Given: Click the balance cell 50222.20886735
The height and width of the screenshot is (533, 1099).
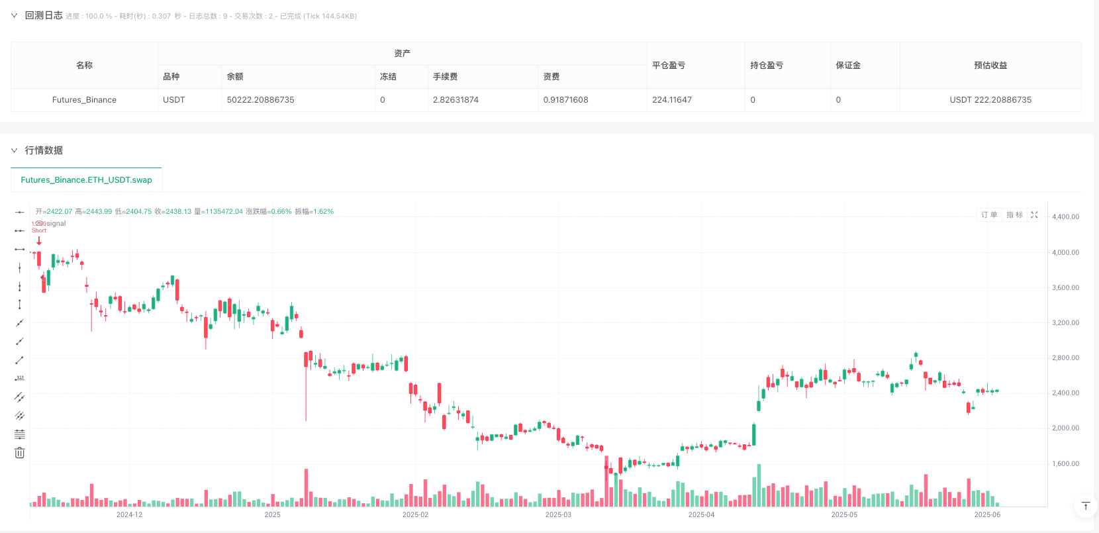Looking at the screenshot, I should (x=260, y=100).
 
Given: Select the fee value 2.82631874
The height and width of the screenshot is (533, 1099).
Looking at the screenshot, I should (x=455, y=100).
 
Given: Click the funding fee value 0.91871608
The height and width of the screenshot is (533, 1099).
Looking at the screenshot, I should (x=565, y=100).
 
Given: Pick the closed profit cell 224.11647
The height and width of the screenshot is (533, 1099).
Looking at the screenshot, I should (x=672, y=100).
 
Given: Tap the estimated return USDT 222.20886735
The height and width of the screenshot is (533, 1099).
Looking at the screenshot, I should (x=990, y=100).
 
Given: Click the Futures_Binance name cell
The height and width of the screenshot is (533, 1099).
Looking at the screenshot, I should (x=84, y=100).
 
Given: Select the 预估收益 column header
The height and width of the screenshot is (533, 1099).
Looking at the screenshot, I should (x=990, y=66).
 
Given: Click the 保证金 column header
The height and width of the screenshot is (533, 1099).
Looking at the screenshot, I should (x=848, y=66).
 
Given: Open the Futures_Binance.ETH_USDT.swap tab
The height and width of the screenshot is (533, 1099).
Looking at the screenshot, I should (x=86, y=180).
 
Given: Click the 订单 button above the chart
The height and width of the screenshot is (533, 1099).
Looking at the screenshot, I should (x=989, y=215).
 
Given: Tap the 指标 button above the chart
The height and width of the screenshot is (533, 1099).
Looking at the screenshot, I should (x=1014, y=215).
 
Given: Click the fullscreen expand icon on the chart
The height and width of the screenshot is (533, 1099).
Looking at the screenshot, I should (x=1034, y=215).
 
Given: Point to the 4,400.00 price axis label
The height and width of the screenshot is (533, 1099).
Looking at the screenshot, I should (x=1065, y=217).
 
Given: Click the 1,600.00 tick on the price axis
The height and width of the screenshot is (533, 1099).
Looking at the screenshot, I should (x=1065, y=464).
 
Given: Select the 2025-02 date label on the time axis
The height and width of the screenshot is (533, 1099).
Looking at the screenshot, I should (x=415, y=515).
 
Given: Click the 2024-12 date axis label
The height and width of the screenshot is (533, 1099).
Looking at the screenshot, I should (x=129, y=515).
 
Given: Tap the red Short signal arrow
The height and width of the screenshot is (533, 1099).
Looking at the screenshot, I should (x=39, y=241).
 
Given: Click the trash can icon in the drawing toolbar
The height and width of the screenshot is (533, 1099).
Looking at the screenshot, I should (x=20, y=453).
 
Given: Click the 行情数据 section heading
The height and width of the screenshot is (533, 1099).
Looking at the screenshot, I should (x=44, y=151).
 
